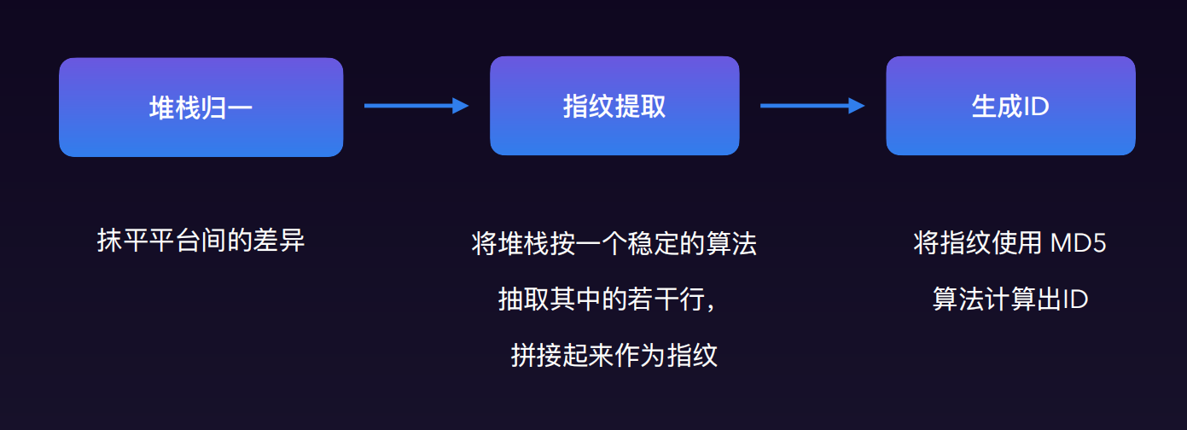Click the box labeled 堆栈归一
pyautogui.click(x=201, y=107)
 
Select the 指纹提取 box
pyautogui.click(x=614, y=106)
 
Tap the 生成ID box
pyautogui.click(x=1010, y=106)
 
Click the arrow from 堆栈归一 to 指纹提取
pyautogui.click(x=416, y=106)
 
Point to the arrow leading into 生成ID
pyautogui.click(x=812, y=106)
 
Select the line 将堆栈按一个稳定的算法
pyautogui.click(x=614, y=244)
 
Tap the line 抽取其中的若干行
pyautogui.click(x=604, y=299)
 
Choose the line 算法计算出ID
pyautogui.click(x=1010, y=299)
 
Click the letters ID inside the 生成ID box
pyautogui.click(x=1036, y=107)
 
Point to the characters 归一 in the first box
pyautogui.click(x=227, y=107)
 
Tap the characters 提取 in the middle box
pyautogui.click(x=640, y=107)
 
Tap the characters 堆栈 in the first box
pyautogui.click(x=174, y=107)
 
